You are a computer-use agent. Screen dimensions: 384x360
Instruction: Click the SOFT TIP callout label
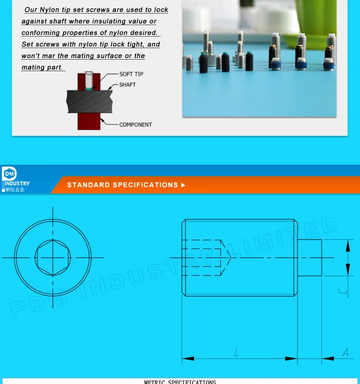(131, 74)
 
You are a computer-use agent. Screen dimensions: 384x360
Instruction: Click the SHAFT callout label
(127, 84)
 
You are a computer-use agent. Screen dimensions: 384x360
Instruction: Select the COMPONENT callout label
(135, 124)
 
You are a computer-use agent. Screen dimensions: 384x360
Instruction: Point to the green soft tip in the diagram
(89, 87)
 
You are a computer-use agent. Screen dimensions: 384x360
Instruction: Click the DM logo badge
(9, 174)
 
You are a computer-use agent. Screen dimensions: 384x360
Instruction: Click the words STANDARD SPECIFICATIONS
(122, 185)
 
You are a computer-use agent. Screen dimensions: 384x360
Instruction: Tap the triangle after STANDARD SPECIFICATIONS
(183, 185)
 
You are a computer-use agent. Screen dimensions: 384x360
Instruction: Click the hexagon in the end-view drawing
(53, 257)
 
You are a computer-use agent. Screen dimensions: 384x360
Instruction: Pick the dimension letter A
(345, 352)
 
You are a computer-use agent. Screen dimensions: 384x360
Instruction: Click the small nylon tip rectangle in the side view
(310, 257)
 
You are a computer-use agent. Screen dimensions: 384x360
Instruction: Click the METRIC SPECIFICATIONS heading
(180, 382)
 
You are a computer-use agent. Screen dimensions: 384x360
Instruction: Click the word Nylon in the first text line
(49, 10)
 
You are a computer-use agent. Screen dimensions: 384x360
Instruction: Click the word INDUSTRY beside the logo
(18, 183)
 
